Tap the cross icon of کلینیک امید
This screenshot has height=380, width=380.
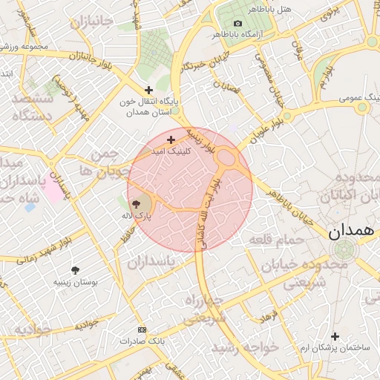click(x=171, y=140)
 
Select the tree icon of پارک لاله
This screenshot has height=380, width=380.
click(x=142, y=202)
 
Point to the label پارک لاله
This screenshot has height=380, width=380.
click(x=136, y=214)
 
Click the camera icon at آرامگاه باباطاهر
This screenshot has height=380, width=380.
click(x=237, y=24)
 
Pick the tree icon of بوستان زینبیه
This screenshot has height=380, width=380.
click(x=75, y=270)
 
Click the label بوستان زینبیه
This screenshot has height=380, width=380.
click(x=73, y=282)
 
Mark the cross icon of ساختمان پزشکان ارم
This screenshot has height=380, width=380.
click(x=335, y=336)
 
